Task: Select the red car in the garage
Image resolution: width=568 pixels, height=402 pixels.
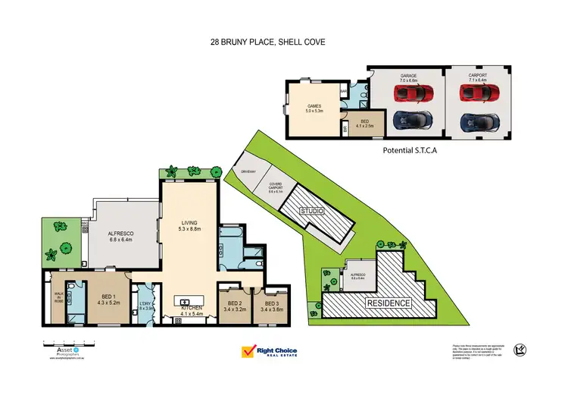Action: (409, 93)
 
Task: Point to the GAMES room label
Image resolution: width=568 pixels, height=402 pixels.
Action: (315, 108)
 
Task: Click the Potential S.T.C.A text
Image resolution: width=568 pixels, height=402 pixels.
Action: (412, 150)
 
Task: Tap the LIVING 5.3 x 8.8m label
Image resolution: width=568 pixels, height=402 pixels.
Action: (189, 225)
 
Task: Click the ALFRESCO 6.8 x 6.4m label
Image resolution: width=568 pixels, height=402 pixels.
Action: (121, 237)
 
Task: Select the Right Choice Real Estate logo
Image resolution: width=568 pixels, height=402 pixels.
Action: (269, 352)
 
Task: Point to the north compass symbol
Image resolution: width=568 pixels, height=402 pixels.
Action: (520, 349)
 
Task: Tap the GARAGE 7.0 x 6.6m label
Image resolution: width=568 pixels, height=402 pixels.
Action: (409, 78)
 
